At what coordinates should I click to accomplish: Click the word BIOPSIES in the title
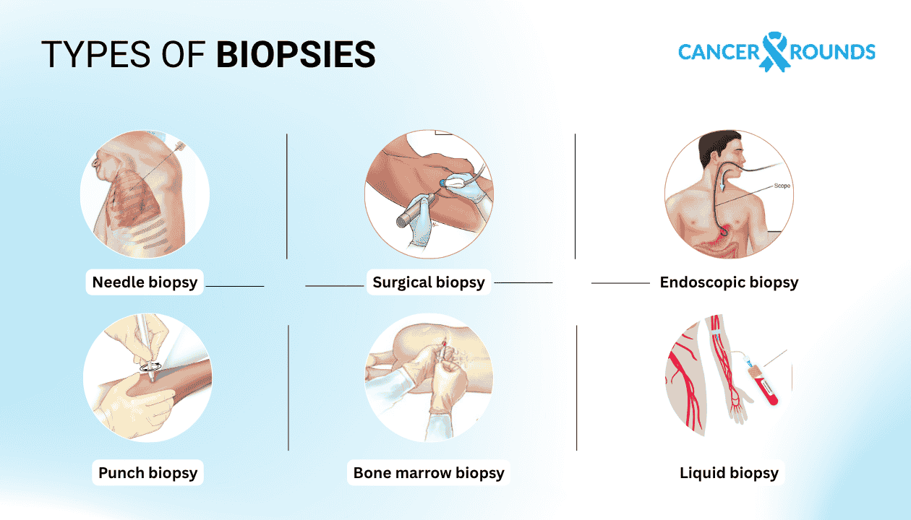pyautogui.click(x=296, y=54)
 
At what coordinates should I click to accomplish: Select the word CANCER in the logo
pyautogui.click(x=719, y=52)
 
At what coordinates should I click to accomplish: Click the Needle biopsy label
pyautogui.click(x=145, y=282)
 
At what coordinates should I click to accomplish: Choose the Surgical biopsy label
pyautogui.click(x=429, y=282)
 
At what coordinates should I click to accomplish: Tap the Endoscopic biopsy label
pyautogui.click(x=729, y=282)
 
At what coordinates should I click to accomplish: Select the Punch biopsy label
pyautogui.click(x=147, y=473)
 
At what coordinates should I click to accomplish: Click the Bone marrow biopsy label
pyautogui.click(x=429, y=473)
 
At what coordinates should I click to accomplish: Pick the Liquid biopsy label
pyautogui.click(x=729, y=473)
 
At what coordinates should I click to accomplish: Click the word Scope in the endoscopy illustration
pyautogui.click(x=782, y=186)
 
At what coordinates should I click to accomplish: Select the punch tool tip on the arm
pyautogui.click(x=150, y=367)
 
